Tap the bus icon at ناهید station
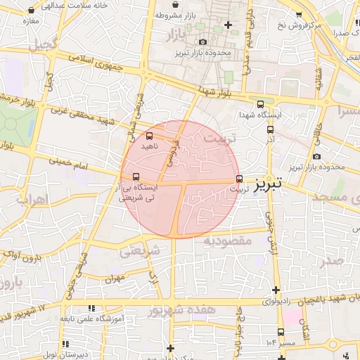click(149, 136)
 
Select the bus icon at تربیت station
click(240, 179)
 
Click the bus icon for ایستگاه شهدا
click(261, 104)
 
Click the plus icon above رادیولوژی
click(276, 290)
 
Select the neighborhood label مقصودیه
click(228, 241)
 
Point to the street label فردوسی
click(172, 150)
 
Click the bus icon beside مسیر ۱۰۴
click(281, 332)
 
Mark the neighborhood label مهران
click(115, 279)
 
